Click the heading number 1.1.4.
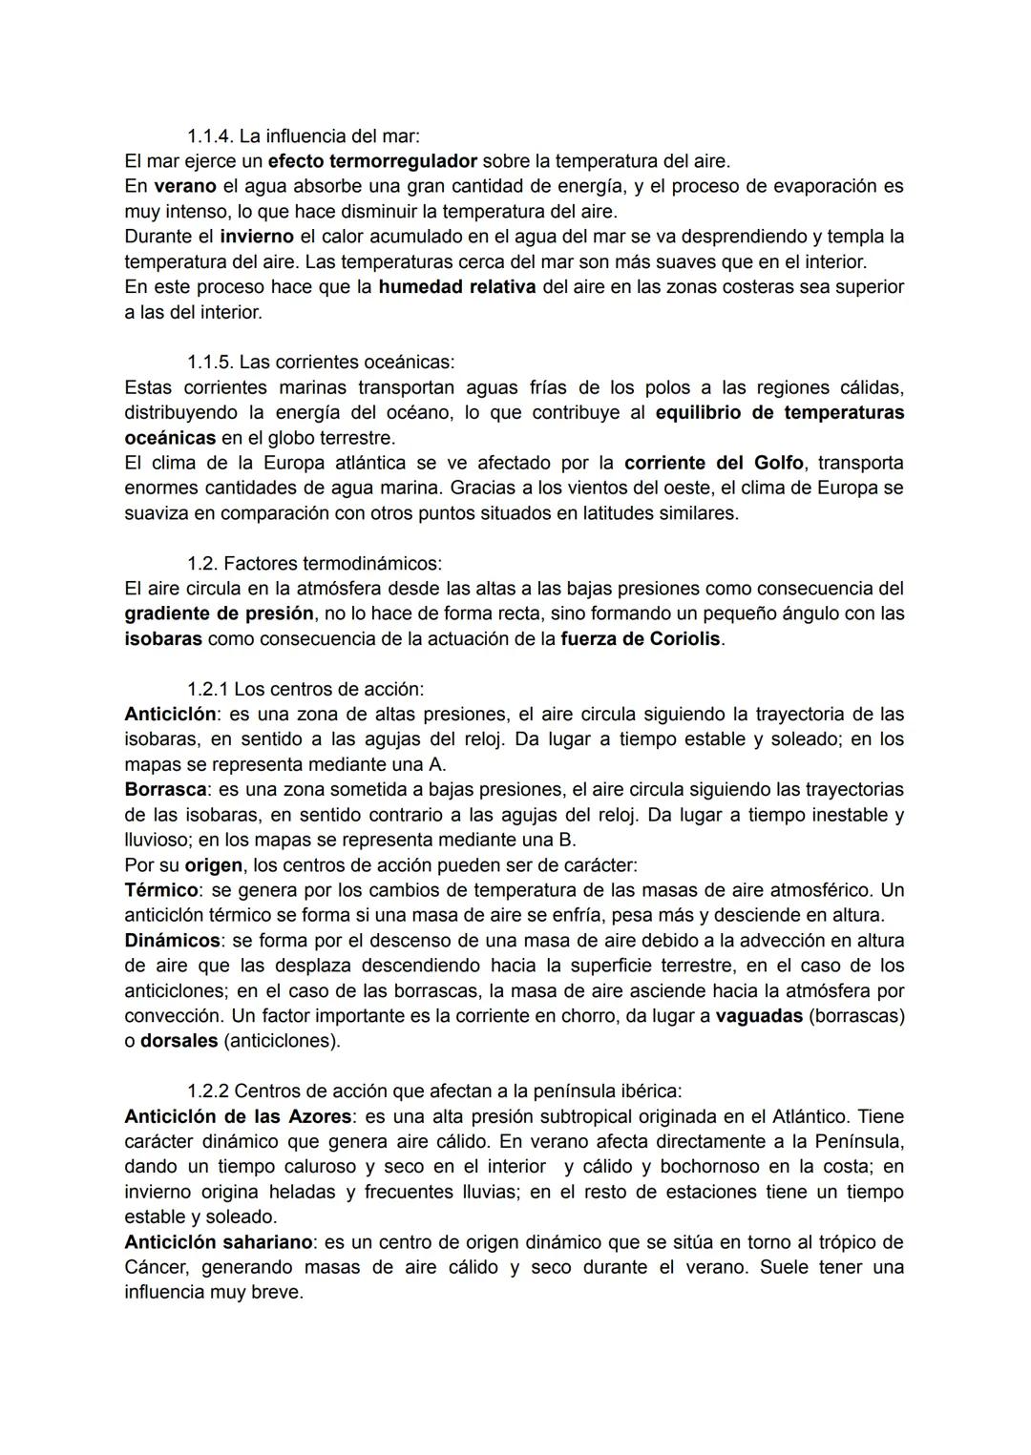[x=210, y=135]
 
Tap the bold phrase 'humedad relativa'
[x=456, y=286]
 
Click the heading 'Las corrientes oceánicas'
[x=346, y=362]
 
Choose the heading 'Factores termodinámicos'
[x=332, y=563]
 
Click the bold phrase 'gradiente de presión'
[x=219, y=613]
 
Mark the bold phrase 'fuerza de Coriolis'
[x=641, y=638]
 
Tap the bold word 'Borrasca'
[x=165, y=789]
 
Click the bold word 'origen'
[x=214, y=865]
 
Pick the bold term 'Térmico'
[x=161, y=890]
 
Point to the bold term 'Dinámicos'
[x=172, y=941]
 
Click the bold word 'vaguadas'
[x=759, y=1016]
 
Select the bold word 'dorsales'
[x=179, y=1041]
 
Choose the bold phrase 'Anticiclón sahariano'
[x=219, y=1242]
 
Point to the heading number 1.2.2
[x=207, y=1091]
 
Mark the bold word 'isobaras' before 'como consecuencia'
[x=163, y=638]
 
